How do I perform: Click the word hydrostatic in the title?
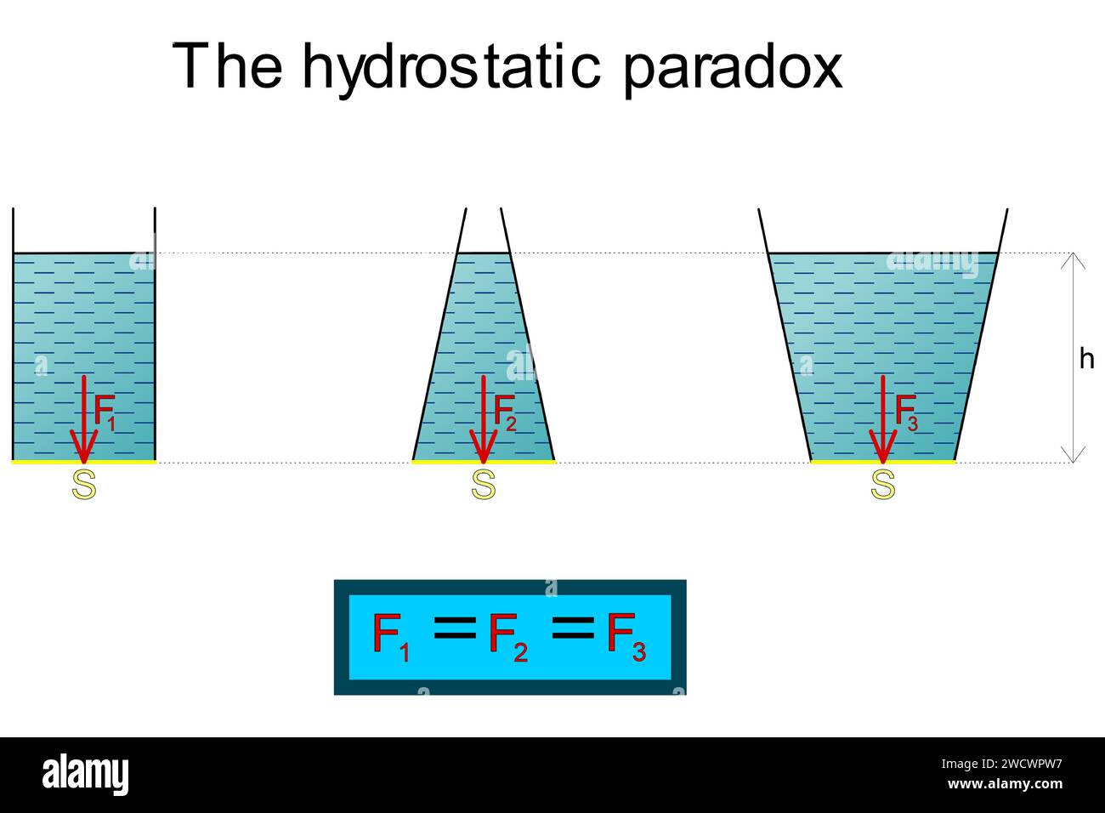click(451, 66)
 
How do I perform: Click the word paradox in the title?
click(733, 66)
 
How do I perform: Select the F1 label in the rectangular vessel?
click(105, 412)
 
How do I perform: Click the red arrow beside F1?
click(83, 417)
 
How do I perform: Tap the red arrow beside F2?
click(483, 417)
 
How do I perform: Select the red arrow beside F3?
click(883, 417)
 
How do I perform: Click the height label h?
click(1086, 359)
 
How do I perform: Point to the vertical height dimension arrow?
click(1074, 357)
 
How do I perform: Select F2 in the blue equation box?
click(507, 636)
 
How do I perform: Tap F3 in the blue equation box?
click(626, 636)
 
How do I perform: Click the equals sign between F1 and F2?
click(455, 628)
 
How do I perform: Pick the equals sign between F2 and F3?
click(573, 628)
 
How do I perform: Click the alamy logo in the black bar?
click(85, 775)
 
